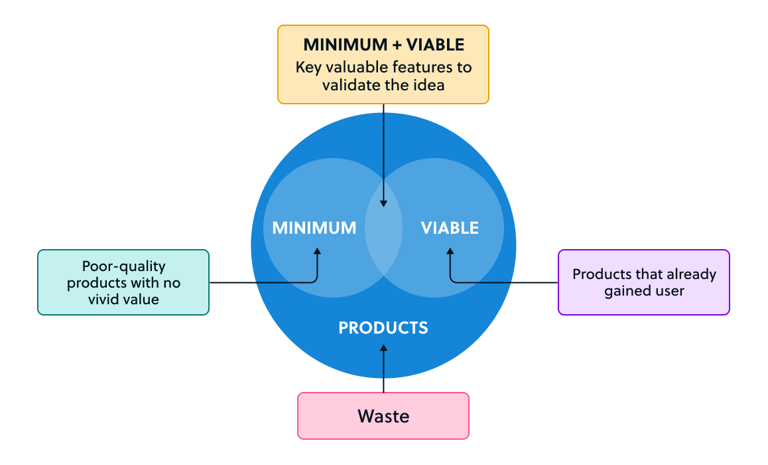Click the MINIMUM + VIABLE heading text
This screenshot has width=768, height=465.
pyautogui.click(x=383, y=45)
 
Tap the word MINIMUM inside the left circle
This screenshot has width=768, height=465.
pyautogui.click(x=314, y=229)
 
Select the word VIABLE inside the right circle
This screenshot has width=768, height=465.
pyautogui.click(x=450, y=229)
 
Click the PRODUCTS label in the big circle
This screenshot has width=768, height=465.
pyautogui.click(x=383, y=327)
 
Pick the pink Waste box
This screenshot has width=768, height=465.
pyautogui.click(x=383, y=416)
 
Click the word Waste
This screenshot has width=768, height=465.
pyautogui.click(x=383, y=417)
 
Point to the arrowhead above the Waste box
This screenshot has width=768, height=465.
pyautogui.click(x=383, y=347)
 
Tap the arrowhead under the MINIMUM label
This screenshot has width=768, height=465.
pyautogui.click(x=317, y=252)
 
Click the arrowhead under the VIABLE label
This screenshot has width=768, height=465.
pyautogui.click(x=450, y=252)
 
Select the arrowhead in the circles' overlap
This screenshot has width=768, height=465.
pyautogui.click(x=383, y=203)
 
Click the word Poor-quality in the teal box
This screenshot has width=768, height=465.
pyautogui.click(x=123, y=266)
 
